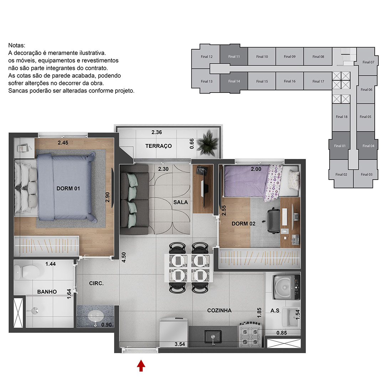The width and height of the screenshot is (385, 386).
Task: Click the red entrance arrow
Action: [141, 366]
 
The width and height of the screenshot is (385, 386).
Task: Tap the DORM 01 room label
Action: [68, 189]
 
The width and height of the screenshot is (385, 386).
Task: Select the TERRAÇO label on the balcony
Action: [159, 146]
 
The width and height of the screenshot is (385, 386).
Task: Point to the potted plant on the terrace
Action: [207, 143]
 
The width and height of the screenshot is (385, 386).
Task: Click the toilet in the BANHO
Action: [27, 272]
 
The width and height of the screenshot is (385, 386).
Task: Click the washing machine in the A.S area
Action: [286, 287]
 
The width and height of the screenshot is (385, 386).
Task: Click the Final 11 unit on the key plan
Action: [234, 56]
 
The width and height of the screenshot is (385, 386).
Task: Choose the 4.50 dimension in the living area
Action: [124, 257]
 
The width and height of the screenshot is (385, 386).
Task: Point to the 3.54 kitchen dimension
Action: [180, 344]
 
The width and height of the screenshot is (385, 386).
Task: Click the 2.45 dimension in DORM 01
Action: [63, 143]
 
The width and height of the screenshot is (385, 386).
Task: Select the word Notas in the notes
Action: [17, 45]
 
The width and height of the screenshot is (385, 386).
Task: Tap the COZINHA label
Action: [219, 310]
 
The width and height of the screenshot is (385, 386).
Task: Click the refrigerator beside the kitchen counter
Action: [174, 332]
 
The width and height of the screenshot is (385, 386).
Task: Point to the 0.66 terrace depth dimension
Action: [192, 144]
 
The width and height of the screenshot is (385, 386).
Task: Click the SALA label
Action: [181, 202]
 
